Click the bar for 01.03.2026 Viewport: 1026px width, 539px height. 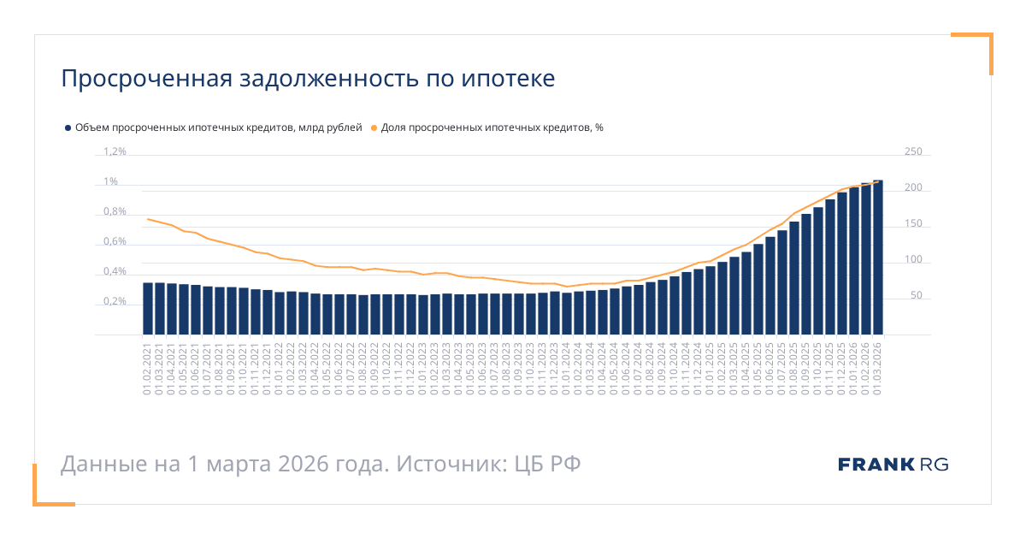click(877, 258)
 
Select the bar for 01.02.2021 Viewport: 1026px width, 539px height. click(148, 309)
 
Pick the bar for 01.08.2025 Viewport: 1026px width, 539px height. click(794, 278)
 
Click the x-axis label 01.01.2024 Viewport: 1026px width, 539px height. click(567, 368)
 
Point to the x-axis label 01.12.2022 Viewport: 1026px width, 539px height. click(411, 368)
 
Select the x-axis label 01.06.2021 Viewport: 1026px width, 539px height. click(196, 368)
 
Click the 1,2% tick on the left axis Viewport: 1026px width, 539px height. click(115, 152)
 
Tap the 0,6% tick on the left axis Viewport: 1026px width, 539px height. click(115, 242)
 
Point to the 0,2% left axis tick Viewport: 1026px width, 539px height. click(115, 302)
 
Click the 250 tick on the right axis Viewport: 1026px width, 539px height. click(913, 152)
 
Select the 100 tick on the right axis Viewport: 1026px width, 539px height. click(913, 260)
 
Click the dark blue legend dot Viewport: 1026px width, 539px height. click(68, 127)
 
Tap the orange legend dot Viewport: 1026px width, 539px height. click(374, 127)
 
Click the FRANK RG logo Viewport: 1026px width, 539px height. click(893, 465)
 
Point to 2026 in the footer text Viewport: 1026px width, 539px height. click(304, 465)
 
